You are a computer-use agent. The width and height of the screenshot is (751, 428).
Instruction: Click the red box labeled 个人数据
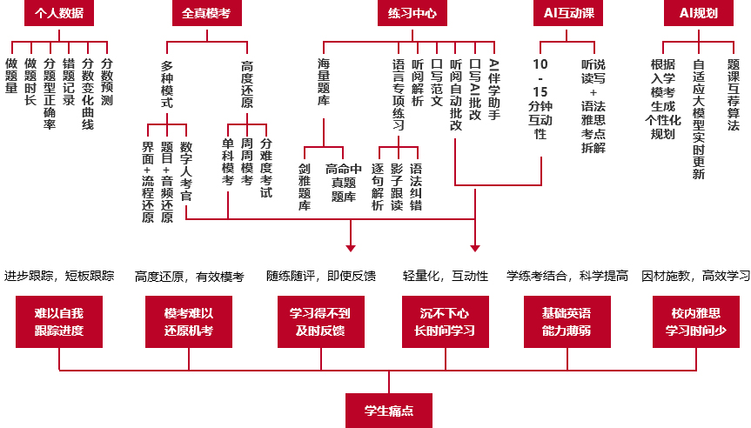pos(59,13)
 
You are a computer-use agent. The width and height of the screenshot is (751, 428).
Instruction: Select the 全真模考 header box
pos(207,13)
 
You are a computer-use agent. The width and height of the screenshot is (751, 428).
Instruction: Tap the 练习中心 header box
pos(412,13)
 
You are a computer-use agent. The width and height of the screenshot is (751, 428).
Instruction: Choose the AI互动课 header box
pos(568,13)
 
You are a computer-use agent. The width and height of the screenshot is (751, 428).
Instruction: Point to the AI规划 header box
pos(698,13)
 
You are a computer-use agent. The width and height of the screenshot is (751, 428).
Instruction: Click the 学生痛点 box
pos(389,411)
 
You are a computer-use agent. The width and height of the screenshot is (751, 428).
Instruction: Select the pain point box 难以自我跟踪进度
pos(59,322)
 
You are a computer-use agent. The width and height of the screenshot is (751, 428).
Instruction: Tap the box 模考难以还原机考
pos(189,322)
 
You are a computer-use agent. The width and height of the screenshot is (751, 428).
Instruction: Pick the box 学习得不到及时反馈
pos(321,322)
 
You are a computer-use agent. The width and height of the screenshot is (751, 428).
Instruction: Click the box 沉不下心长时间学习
pos(446,322)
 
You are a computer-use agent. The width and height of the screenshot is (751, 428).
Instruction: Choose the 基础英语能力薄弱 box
pos(567,322)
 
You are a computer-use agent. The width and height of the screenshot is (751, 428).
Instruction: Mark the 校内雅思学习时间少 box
pos(696,322)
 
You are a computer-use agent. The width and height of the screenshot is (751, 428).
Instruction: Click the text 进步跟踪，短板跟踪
pos(59,276)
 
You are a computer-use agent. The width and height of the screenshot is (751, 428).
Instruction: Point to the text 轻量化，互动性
pos(446,276)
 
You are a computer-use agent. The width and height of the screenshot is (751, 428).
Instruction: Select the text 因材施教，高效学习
pos(696,276)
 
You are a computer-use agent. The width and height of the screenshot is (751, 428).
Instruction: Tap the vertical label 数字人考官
pos(186,171)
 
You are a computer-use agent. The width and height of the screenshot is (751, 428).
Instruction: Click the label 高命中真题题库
pos(344,183)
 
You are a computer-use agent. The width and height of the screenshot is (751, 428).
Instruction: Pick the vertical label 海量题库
pos(324,82)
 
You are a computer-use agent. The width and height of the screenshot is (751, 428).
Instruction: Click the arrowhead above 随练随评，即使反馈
pos(351,248)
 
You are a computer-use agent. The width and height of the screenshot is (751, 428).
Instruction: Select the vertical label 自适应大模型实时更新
pos(698,119)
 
